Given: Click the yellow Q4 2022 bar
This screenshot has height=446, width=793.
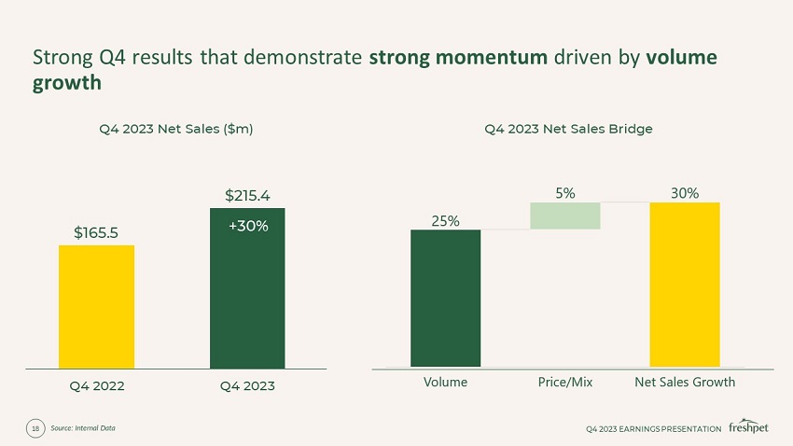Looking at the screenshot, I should tap(96, 306).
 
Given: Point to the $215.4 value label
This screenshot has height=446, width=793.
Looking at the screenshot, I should tap(247, 195).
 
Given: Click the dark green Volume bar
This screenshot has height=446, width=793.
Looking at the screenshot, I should tap(446, 298).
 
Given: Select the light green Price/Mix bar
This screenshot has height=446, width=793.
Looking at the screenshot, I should tap(564, 216).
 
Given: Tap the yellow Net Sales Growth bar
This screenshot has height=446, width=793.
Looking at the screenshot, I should tap(684, 284).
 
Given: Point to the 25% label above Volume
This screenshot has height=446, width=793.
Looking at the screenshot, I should tap(446, 220).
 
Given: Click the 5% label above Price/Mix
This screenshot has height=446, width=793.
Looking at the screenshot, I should tap(564, 192).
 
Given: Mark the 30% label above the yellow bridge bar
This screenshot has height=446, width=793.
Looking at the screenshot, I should tap(684, 192).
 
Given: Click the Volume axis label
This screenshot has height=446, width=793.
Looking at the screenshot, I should tap(446, 382).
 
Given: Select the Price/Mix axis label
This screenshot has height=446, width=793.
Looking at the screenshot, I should tap(565, 382).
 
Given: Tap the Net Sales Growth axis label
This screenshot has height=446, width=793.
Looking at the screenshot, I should tap(685, 382).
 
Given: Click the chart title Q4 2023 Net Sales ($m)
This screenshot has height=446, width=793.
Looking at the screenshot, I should tap(176, 129).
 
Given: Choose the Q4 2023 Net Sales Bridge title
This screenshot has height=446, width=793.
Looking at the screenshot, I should tap(568, 129).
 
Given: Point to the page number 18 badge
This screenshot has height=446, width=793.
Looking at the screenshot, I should tap(35, 428).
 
